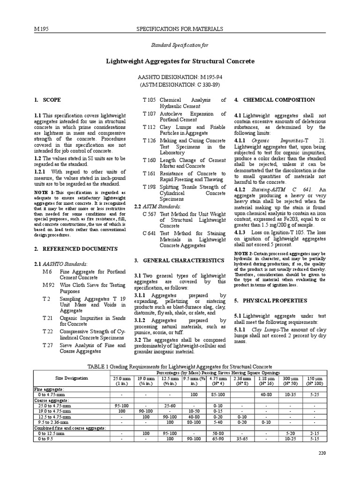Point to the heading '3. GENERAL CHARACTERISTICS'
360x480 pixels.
[179, 260]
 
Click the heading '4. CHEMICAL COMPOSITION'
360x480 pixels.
[274, 100]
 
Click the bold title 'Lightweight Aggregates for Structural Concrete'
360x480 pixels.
[180, 61]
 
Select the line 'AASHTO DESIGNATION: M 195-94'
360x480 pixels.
[180, 76]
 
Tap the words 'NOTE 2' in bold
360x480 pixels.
[244, 254]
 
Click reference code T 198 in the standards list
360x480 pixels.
[149, 187]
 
